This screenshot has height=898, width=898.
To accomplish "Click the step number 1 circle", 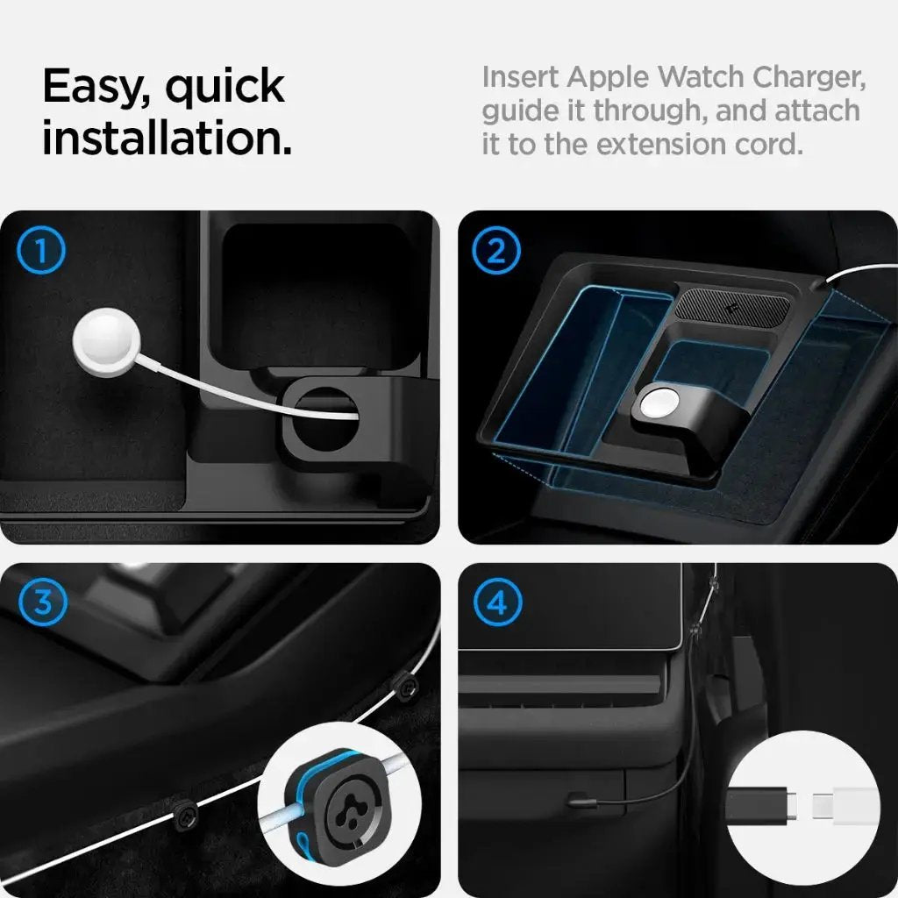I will (40, 252).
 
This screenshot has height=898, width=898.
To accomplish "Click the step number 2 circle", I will (496, 252).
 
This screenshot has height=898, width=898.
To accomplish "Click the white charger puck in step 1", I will (102, 340).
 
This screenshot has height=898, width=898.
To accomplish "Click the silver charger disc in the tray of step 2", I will (658, 405).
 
